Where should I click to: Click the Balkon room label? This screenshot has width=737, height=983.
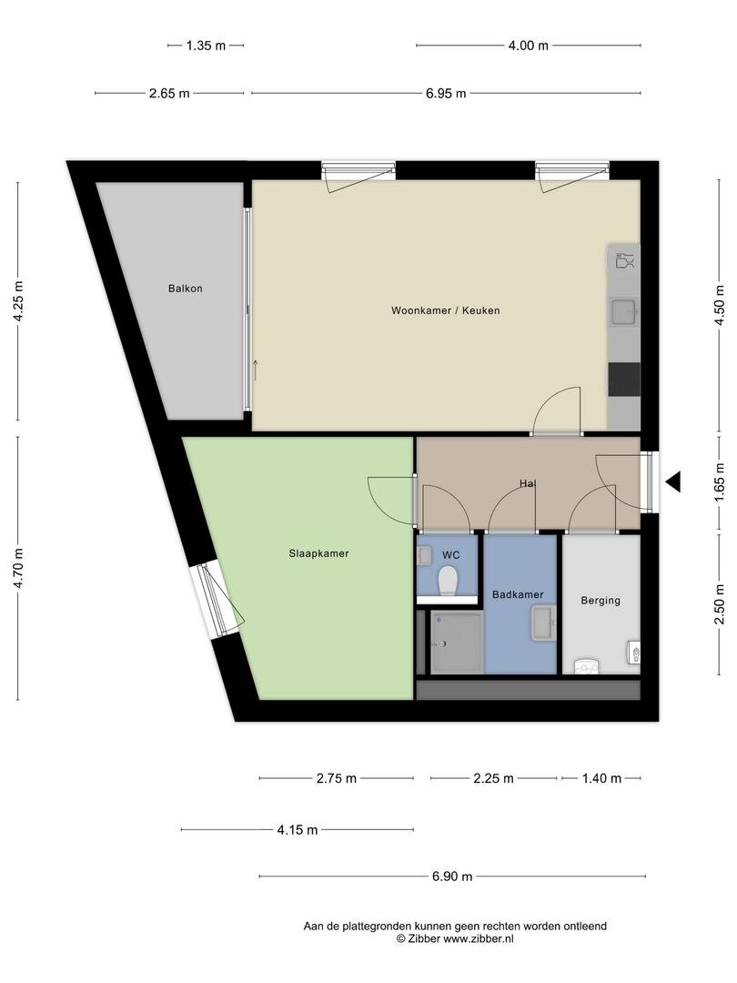pyautogui.click(x=185, y=289)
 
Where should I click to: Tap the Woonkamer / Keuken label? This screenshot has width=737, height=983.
pyautogui.click(x=445, y=310)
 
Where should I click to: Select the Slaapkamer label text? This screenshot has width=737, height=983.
pyautogui.click(x=318, y=552)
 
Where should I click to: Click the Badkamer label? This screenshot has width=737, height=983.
pyautogui.click(x=518, y=594)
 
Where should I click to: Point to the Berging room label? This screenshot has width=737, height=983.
pyautogui.click(x=601, y=600)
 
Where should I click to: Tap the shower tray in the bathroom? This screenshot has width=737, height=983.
pyautogui.click(x=456, y=643)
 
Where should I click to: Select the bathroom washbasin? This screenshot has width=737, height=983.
pyautogui.click(x=543, y=625)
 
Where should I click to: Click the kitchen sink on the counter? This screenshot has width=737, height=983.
pyautogui.click(x=623, y=313)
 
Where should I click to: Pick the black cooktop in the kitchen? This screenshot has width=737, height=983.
pyautogui.click(x=624, y=379)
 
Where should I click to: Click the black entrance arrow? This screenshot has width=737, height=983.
pyautogui.click(x=672, y=482)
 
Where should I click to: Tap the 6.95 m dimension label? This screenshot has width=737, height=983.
pyautogui.click(x=446, y=93)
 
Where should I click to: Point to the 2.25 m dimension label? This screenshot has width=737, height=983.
pyautogui.click(x=493, y=778)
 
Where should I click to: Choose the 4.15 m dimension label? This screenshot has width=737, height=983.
pyautogui.click(x=297, y=829)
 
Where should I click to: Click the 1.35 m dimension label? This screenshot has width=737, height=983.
pyautogui.click(x=206, y=45)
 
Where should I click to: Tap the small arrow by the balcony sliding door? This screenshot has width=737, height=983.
pyautogui.click(x=257, y=369)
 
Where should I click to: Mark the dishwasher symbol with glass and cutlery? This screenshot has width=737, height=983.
pyautogui.click(x=623, y=261)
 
